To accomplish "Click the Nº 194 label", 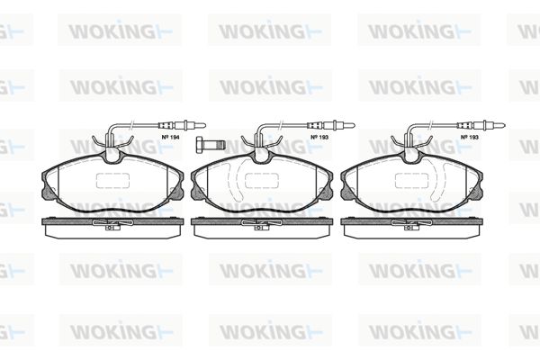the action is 170,137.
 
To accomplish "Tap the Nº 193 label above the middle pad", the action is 319,137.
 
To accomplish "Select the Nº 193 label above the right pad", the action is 470,137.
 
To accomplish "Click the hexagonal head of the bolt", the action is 200,143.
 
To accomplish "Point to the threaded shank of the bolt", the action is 214,143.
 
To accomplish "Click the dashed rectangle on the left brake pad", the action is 112,181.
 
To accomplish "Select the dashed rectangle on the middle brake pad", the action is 262,181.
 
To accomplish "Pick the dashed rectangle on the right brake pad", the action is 411,181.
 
